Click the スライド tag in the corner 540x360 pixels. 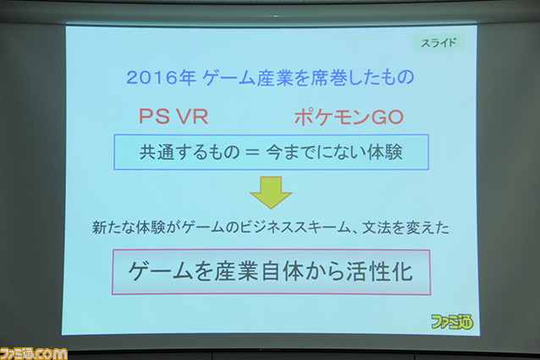[439, 42]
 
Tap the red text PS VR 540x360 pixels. [174, 116]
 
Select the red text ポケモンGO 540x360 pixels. [349, 117]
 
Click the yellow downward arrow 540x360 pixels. [271, 192]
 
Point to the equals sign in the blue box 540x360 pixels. [251, 152]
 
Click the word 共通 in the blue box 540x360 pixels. [155, 152]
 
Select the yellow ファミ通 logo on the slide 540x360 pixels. [452, 322]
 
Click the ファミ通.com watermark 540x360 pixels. [33, 354]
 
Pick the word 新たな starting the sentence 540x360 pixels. [114, 228]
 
